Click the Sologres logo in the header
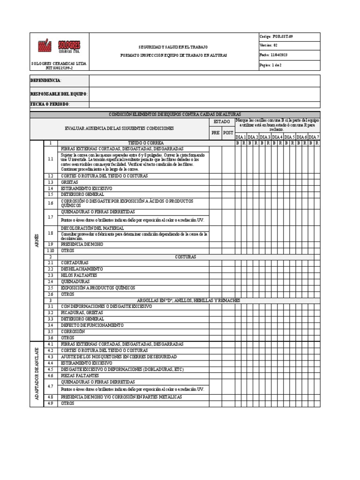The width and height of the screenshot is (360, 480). point(59,46)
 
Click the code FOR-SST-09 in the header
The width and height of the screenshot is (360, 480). point(282,37)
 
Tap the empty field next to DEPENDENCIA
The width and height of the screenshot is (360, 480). point(204,81)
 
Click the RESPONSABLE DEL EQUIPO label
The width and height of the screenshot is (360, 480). point(59,94)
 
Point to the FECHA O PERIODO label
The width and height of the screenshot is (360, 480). point(50,104)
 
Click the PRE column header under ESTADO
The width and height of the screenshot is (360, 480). point(215,133)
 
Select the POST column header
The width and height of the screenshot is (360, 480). point(228,133)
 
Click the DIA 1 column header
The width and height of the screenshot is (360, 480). point(240,136)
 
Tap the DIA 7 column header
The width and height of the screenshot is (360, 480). point(314,136)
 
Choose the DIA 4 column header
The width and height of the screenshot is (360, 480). point(277,136)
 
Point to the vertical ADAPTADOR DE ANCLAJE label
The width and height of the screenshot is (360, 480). point(37,374)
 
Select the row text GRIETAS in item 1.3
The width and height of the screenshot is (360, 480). point(69,182)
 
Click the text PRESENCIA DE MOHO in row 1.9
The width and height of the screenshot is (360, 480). point(82,244)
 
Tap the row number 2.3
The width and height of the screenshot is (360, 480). point(50,275)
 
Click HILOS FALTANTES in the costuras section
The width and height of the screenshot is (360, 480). point(79,275)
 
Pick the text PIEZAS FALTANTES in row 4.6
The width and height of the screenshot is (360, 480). point(80,375)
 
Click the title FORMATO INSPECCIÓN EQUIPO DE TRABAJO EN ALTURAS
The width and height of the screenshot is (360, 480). point(173,55)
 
